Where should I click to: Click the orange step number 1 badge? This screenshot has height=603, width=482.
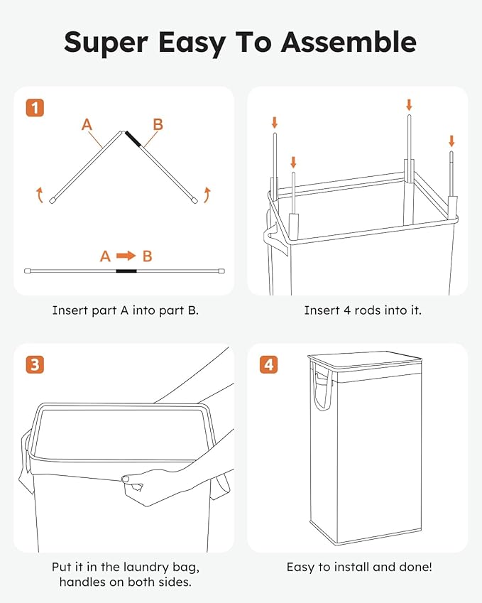[35, 108]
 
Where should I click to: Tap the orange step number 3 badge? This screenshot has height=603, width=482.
[35, 365]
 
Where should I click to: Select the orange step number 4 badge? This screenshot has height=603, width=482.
[268, 365]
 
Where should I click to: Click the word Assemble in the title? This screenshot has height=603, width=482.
[348, 42]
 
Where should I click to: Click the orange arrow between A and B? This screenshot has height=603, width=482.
[126, 256]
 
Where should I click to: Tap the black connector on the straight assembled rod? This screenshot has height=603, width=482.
[126, 271]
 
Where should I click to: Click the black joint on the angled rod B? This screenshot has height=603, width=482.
[133, 139]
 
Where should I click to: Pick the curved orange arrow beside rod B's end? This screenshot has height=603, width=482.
[207, 194]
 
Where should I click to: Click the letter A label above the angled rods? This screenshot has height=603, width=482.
[87, 125]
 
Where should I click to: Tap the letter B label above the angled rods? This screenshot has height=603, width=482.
[158, 125]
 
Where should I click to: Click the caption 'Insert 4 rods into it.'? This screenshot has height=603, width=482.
[357, 310]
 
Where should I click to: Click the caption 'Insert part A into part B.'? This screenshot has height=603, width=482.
[125, 310]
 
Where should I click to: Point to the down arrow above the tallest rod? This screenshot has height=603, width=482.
[409, 104]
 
